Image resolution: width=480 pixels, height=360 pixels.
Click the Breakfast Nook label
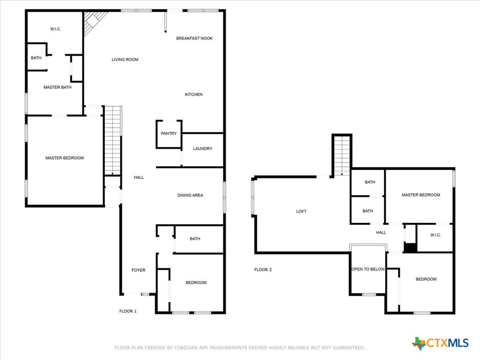[195, 38]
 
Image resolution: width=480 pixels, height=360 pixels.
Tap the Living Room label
[125, 60]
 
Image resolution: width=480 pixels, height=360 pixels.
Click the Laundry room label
[202, 149]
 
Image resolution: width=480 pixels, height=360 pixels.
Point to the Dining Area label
[190, 195]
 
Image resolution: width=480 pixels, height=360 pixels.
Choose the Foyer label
[138, 270]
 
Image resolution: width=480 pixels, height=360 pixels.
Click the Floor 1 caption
[128, 311]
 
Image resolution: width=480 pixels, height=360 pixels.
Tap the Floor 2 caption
[263, 270]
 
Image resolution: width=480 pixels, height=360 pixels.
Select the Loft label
[301, 211]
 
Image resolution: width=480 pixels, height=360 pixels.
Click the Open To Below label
[368, 269]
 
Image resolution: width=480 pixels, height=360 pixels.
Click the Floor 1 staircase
[113, 141]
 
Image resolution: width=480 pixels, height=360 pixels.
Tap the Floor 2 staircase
[342, 156]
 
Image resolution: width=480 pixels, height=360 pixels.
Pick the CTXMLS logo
[440, 343]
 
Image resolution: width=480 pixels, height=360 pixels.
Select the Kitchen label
[194, 95]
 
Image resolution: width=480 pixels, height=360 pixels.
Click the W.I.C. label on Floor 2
[435, 235]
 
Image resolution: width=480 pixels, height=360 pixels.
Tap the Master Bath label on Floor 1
[58, 87]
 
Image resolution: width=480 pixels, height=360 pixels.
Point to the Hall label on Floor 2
[381, 232]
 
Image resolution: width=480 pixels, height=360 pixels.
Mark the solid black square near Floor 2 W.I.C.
[411, 247]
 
